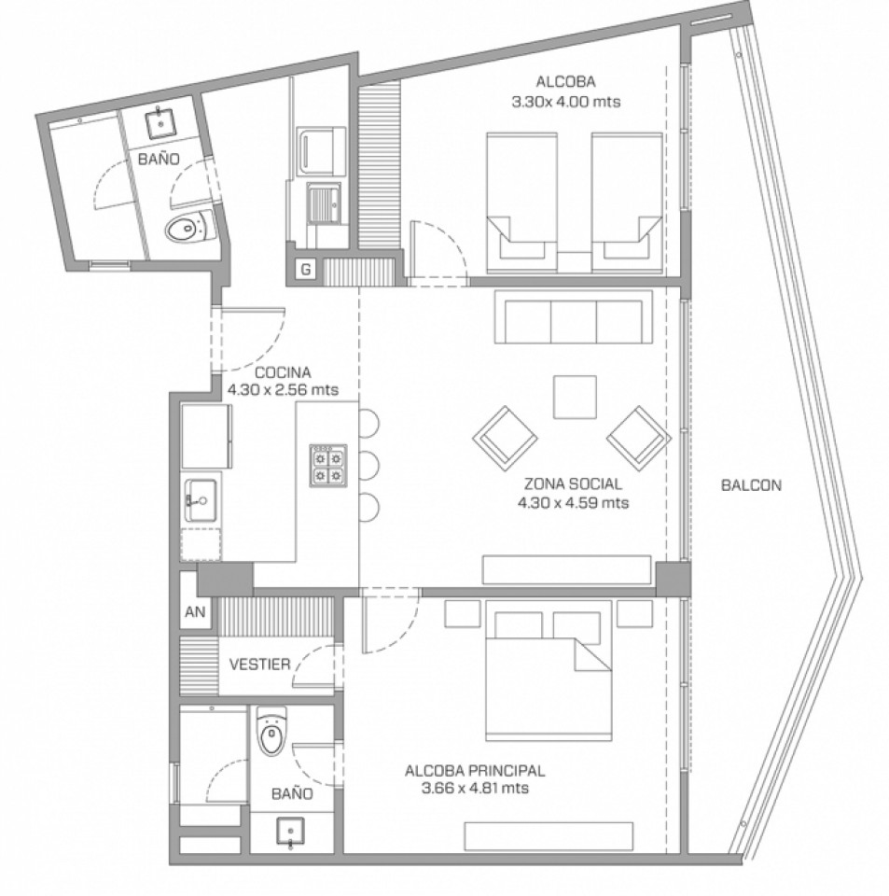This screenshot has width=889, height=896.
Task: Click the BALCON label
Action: (x=750, y=485)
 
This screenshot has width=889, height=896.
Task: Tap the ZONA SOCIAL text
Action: (x=573, y=484)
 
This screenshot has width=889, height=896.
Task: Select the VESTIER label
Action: (x=259, y=664)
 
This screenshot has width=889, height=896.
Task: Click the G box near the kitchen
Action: (x=306, y=269)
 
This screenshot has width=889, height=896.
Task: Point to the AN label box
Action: (x=195, y=612)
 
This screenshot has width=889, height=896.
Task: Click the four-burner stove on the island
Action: (x=328, y=466)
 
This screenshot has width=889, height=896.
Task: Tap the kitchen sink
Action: (x=201, y=500)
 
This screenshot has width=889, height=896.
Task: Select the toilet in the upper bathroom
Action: (x=189, y=227)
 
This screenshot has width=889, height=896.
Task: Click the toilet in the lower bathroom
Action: (x=271, y=732)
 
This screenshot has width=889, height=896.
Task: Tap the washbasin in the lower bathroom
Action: (x=291, y=832)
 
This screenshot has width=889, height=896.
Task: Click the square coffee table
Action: (x=575, y=398)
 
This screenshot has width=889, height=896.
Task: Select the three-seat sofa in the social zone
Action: (x=574, y=316)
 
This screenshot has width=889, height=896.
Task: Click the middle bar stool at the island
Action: (x=368, y=466)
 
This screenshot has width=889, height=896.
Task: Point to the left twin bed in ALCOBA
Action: (x=521, y=203)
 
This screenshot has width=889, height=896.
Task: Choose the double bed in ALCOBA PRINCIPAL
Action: (x=548, y=671)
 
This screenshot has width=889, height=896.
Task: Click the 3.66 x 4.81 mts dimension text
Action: (x=475, y=789)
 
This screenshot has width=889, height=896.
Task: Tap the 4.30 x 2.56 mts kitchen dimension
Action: (x=283, y=390)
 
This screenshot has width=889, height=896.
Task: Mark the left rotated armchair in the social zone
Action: (x=505, y=439)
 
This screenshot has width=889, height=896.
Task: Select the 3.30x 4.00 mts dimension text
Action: (x=566, y=102)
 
